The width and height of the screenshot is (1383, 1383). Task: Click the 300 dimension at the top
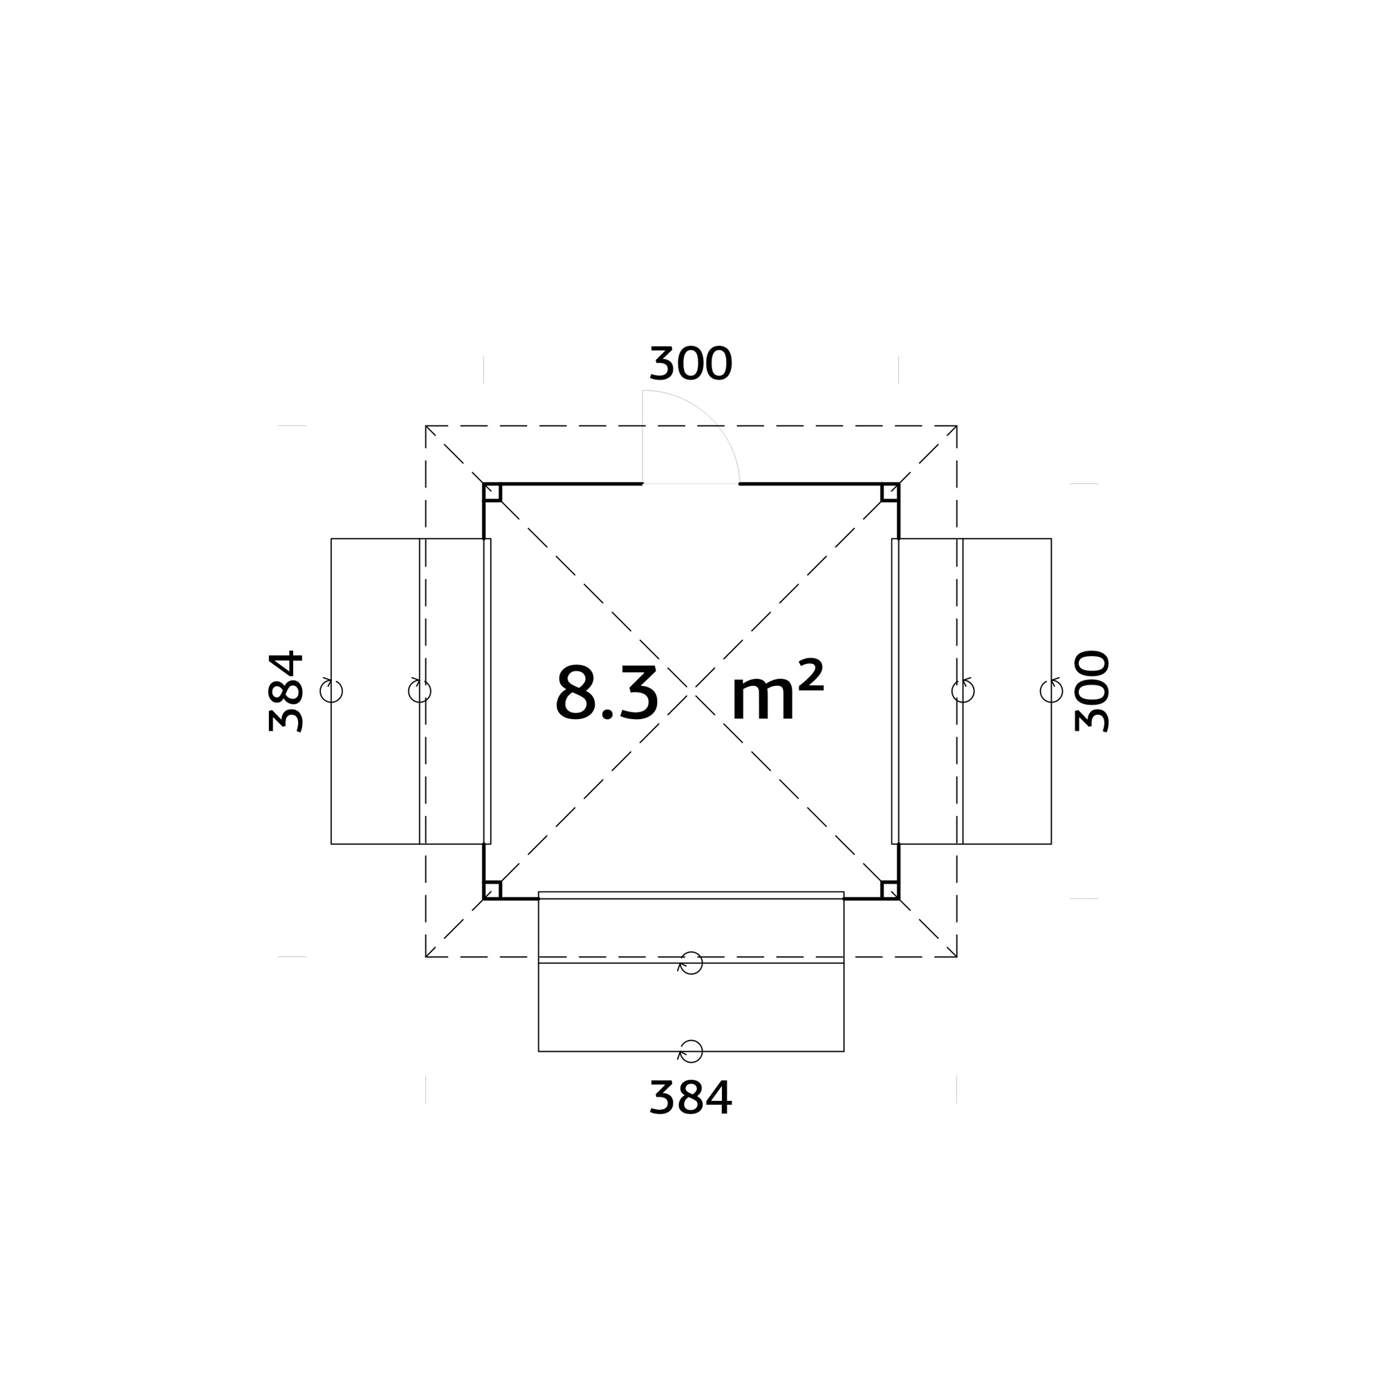tap(691, 364)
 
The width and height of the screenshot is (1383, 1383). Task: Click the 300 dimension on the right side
tap(1092, 691)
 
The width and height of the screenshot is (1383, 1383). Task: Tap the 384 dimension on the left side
tap(286, 691)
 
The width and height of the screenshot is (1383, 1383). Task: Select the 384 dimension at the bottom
tap(691, 1098)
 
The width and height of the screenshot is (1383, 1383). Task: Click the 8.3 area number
tap(607, 693)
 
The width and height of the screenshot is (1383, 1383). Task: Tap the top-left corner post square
tap(492, 492)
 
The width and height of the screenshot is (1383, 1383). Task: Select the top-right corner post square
tap(890, 492)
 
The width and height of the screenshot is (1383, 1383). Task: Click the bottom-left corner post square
tap(492, 890)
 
